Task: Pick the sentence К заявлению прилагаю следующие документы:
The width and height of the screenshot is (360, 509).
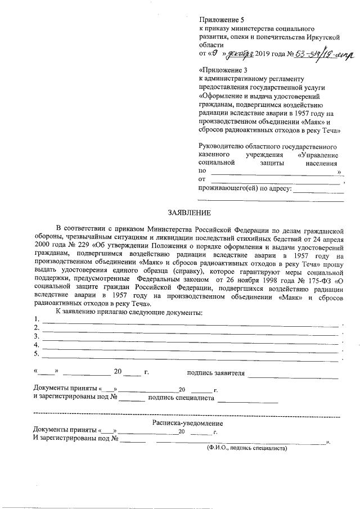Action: click(x=129, y=312)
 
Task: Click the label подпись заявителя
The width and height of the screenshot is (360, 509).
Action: click(x=216, y=372)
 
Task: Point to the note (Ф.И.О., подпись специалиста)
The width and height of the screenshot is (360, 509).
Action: click(x=246, y=448)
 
